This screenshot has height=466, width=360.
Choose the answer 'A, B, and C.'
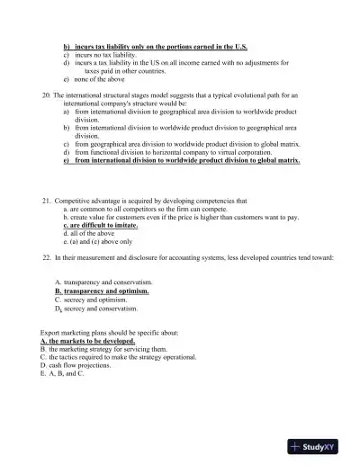click(63, 374)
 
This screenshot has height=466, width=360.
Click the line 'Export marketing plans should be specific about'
click(110, 333)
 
